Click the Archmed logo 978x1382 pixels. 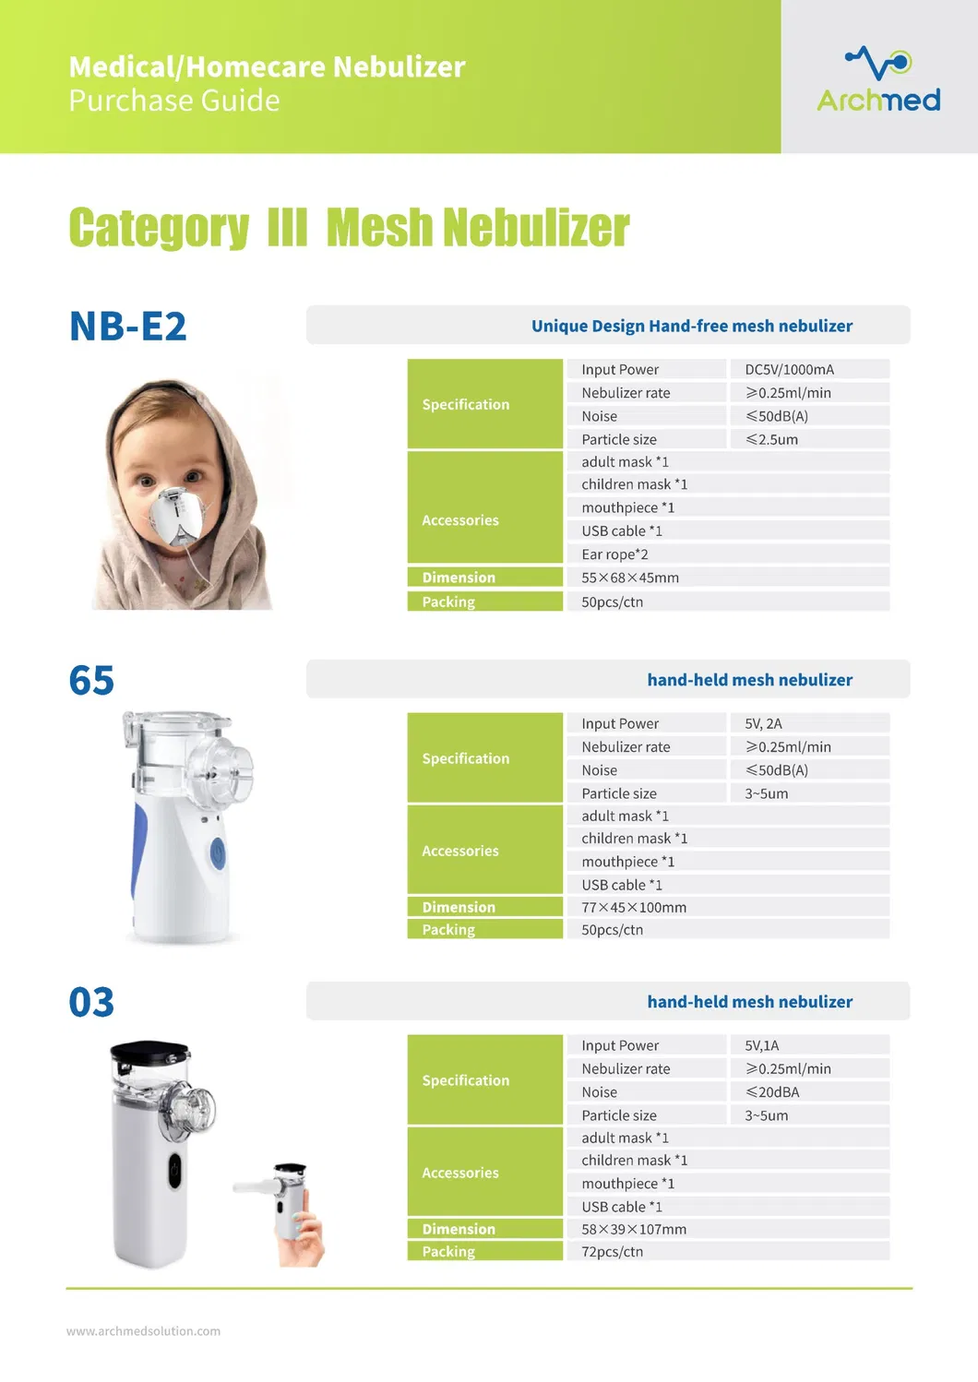coord(878,80)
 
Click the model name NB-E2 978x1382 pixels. coord(128,327)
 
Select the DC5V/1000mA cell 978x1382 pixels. coord(789,369)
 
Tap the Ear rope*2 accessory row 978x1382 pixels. coord(614,554)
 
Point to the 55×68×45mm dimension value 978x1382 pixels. coord(630,578)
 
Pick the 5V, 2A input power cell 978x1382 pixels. coord(763,723)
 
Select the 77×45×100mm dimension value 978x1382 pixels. coord(634,907)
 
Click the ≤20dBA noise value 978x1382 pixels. coord(772,1091)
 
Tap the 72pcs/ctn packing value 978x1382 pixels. coord(612,1252)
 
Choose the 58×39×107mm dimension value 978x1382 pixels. coord(634,1229)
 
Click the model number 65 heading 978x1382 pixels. coord(91,681)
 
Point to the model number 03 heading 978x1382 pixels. coord(91,1003)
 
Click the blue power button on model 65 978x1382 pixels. coord(218,853)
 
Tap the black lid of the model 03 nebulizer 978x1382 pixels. coord(149,1052)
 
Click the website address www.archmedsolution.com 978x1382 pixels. coord(143,1331)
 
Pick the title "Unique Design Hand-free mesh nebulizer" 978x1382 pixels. coord(691,326)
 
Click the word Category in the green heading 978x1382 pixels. coord(159,228)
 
